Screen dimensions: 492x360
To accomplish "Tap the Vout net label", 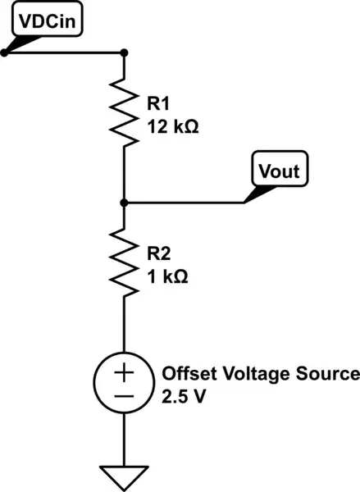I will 279,172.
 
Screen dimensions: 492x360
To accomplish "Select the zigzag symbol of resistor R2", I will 124,264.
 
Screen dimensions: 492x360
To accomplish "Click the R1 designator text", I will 159,104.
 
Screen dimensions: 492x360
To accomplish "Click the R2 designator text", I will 159,253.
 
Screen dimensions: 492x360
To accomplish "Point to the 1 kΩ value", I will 169,276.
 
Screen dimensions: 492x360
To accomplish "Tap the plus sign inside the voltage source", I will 124,372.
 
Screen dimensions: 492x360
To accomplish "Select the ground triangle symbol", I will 124,476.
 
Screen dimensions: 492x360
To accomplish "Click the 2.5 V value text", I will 184,396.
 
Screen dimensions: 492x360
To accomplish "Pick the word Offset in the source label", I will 185,373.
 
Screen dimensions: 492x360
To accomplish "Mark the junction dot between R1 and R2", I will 124,202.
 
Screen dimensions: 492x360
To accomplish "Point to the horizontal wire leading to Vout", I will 185,202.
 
